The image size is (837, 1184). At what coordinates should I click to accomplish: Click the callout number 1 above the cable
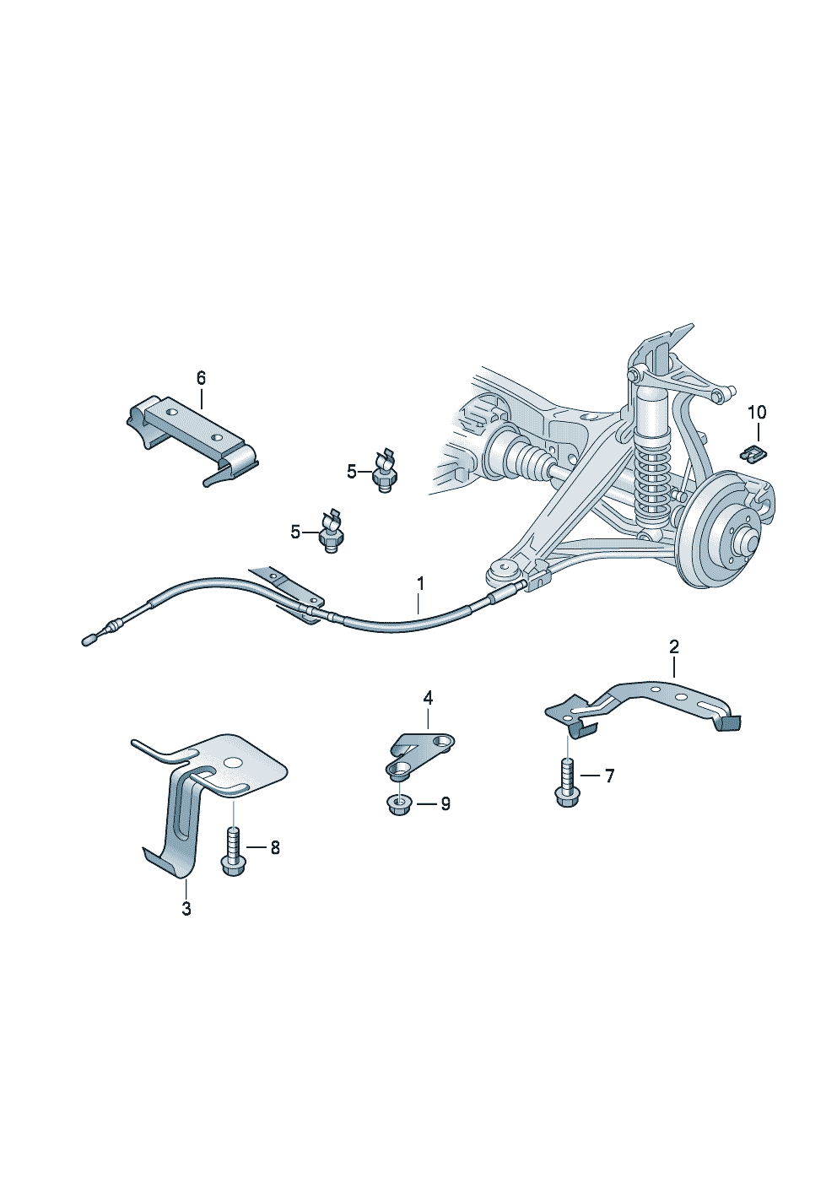pos(420,583)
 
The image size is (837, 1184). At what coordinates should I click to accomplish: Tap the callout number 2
pos(673,647)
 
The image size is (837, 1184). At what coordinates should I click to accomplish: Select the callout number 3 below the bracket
pos(186,909)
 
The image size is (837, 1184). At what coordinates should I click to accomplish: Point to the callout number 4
pos(428,697)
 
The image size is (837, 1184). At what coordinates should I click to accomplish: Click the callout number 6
pos(201,377)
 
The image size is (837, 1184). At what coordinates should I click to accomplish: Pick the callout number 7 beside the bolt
pos(609,776)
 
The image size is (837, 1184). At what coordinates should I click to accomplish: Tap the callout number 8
pos(275,848)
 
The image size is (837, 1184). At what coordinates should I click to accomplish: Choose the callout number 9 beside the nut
pos(445,803)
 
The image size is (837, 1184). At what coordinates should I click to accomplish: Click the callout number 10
pos(757,412)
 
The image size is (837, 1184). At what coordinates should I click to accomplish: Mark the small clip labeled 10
pos(752,453)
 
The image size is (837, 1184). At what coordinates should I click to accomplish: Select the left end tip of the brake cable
pos(89,640)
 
